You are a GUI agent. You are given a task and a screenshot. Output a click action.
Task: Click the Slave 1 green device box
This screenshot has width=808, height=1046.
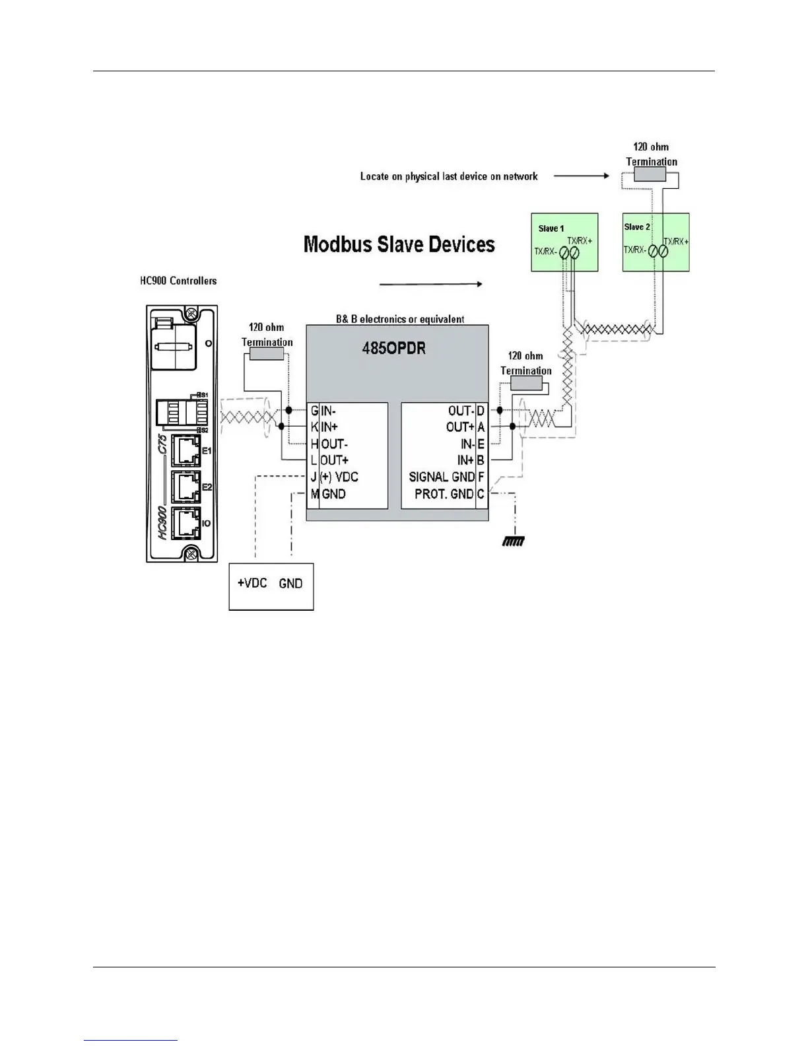pyautogui.click(x=564, y=242)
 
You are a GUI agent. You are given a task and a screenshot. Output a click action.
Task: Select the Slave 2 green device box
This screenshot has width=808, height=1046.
pyautogui.click(x=656, y=242)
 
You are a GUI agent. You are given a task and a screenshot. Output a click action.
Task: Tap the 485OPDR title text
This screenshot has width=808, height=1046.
pyautogui.click(x=393, y=349)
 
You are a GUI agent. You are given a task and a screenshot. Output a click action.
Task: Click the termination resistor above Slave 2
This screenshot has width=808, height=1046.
pyautogui.click(x=650, y=174)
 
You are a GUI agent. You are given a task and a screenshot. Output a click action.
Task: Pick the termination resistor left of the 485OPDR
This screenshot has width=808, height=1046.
pyautogui.click(x=267, y=355)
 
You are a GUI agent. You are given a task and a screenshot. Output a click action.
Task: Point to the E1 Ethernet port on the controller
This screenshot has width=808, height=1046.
pyautogui.click(x=185, y=450)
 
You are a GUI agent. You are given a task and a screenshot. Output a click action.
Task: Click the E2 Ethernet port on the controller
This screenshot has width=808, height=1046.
pyautogui.click(x=185, y=487)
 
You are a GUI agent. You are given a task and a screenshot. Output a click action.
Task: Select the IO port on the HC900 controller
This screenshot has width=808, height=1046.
pyautogui.click(x=185, y=522)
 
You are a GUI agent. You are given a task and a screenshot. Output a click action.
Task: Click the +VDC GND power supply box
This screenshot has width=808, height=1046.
pyautogui.click(x=271, y=586)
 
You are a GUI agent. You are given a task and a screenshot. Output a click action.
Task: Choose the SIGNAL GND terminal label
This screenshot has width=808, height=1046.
pyautogui.click(x=442, y=477)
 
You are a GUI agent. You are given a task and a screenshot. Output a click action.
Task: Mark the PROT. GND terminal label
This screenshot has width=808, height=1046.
pyautogui.click(x=444, y=494)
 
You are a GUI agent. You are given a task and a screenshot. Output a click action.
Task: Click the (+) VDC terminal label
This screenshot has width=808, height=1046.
pyautogui.click(x=339, y=477)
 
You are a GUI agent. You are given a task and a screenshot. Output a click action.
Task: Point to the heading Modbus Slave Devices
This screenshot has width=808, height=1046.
pyautogui.click(x=399, y=244)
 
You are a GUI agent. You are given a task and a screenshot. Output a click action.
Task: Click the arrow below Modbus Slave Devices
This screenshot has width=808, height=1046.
pyautogui.click(x=430, y=284)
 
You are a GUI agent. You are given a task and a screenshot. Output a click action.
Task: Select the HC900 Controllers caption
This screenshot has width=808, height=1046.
pyautogui.click(x=178, y=281)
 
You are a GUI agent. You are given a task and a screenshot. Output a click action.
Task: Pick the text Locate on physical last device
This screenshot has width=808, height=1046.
pyautogui.click(x=448, y=176)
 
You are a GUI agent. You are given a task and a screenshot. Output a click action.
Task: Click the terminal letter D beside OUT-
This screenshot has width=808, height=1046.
pyautogui.click(x=481, y=411)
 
